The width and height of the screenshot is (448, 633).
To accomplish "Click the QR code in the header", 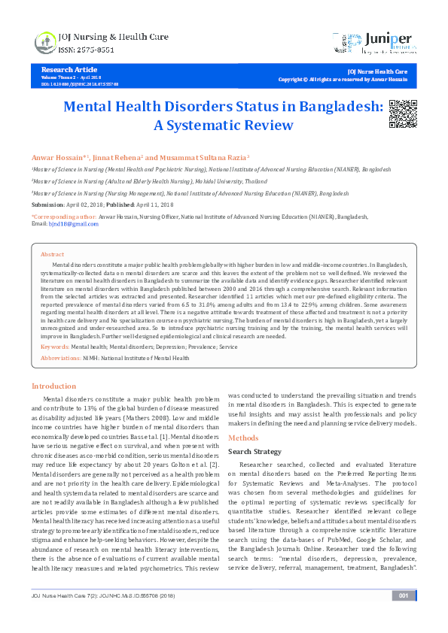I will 399,114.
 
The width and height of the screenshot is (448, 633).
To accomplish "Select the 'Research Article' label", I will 66,69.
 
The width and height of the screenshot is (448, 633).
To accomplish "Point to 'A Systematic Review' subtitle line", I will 224,126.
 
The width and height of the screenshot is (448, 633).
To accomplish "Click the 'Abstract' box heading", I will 53,254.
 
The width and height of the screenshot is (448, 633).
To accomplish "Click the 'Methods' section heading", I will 243,438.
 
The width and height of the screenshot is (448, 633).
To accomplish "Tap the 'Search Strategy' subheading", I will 255,451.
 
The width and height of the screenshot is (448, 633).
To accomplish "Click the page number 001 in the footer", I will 404,617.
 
